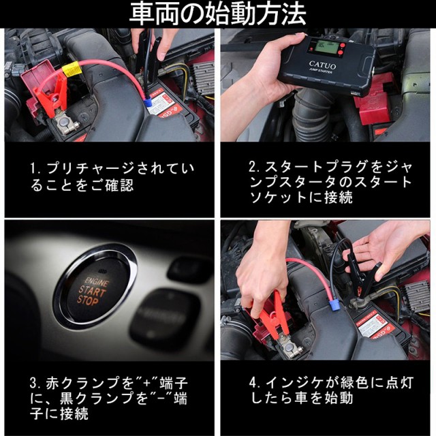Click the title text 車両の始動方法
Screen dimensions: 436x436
[x=218, y=14]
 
